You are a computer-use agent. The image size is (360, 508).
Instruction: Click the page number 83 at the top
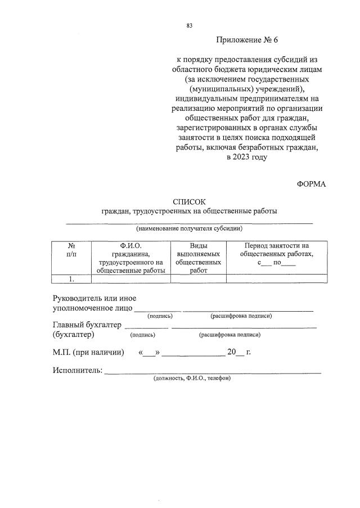(189, 25)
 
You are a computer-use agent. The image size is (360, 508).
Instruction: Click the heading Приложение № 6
(246, 41)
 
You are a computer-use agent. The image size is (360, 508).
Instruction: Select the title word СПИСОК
(190, 201)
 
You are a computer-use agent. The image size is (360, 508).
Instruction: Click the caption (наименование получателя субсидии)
(189, 229)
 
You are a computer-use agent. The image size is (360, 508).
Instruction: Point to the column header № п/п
(71, 250)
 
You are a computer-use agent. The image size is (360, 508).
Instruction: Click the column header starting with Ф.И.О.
(131, 258)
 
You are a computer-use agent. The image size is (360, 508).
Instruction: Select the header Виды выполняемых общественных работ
(198, 258)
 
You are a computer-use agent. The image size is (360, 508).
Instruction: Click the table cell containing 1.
(71, 278)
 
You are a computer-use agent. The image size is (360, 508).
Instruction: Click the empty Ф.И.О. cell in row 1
(131, 278)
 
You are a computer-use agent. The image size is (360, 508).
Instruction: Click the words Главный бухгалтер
(87, 325)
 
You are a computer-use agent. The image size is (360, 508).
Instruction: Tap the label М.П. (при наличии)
(88, 353)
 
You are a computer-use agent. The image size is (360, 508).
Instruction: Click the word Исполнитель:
(77, 370)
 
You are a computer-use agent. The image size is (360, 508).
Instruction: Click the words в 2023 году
(246, 157)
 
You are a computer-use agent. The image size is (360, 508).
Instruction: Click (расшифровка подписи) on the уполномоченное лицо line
(241, 316)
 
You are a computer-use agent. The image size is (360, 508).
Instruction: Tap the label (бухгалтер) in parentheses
(73, 334)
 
